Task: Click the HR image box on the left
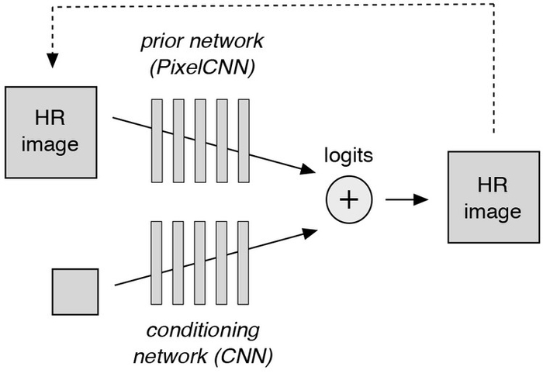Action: pyautogui.click(x=52, y=131)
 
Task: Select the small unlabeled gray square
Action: pyautogui.click(x=74, y=292)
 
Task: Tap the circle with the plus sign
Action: pyautogui.click(x=349, y=199)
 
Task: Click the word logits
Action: pyautogui.click(x=348, y=154)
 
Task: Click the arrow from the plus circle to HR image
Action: pyautogui.click(x=407, y=199)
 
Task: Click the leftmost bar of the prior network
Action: pyautogui.click(x=157, y=139)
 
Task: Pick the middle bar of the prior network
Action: pyautogui.click(x=200, y=139)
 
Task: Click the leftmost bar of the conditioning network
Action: pyautogui.click(x=157, y=261)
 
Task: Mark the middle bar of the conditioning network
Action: pyautogui.click(x=200, y=261)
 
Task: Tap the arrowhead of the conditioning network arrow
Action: pyautogui.click(x=310, y=230)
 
